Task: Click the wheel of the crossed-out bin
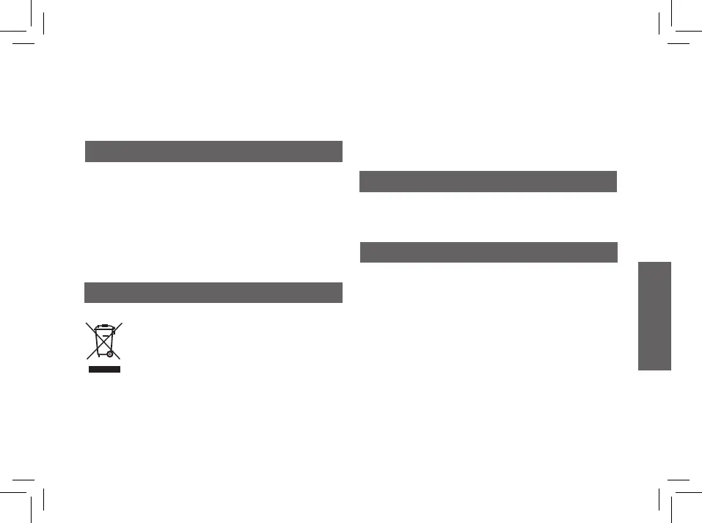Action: point(109,354)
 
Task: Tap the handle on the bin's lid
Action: point(104,324)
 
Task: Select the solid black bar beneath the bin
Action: point(104,368)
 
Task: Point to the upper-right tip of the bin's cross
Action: point(122,322)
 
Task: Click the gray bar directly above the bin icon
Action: point(213,292)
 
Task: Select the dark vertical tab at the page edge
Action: point(654,315)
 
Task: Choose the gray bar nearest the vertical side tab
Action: point(489,252)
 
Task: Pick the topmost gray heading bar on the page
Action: point(213,151)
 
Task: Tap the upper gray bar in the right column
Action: point(488,181)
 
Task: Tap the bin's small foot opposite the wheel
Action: point(98,355)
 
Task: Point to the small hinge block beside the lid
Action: point(114,331)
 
